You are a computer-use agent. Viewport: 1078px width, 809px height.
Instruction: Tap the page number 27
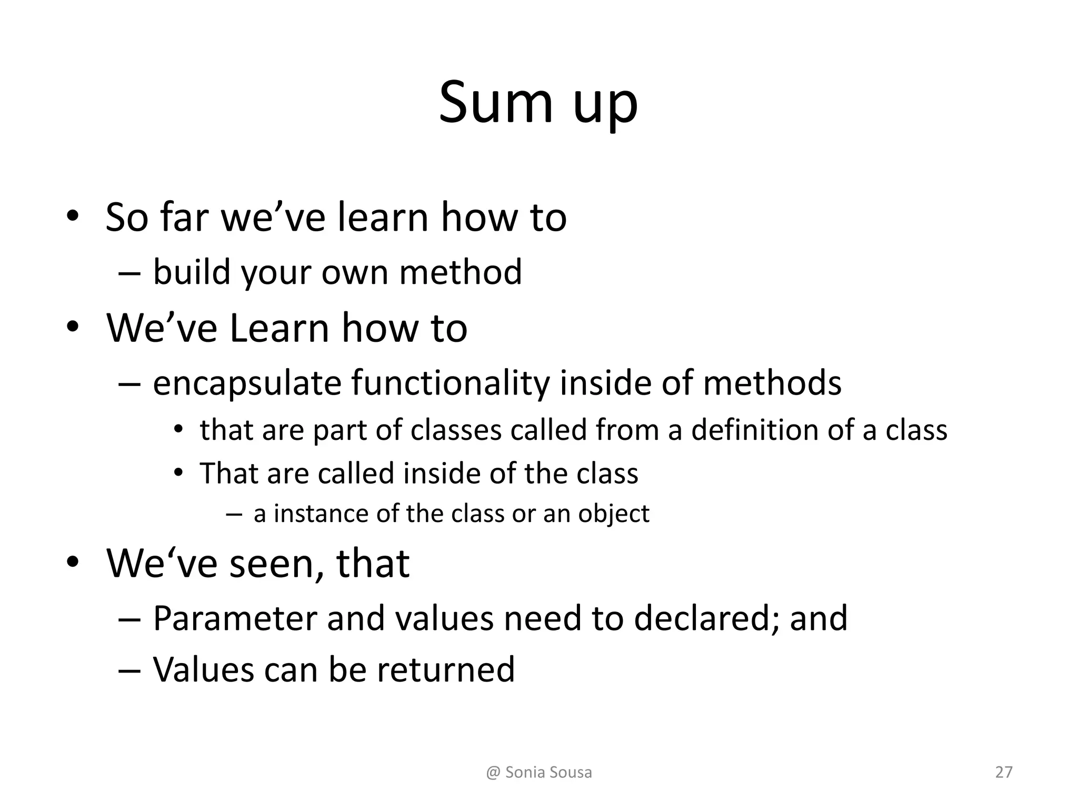tap(1004, 772)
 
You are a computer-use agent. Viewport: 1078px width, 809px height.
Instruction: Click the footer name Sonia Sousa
tap(548, 772)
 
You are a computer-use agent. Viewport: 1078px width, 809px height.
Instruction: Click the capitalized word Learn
tap(280, 328)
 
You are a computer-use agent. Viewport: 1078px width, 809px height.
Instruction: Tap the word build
tap(192, 272)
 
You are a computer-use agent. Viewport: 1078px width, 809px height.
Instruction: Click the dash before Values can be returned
tap(129, 670)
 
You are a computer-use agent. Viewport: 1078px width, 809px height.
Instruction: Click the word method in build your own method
tap(461, 272)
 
